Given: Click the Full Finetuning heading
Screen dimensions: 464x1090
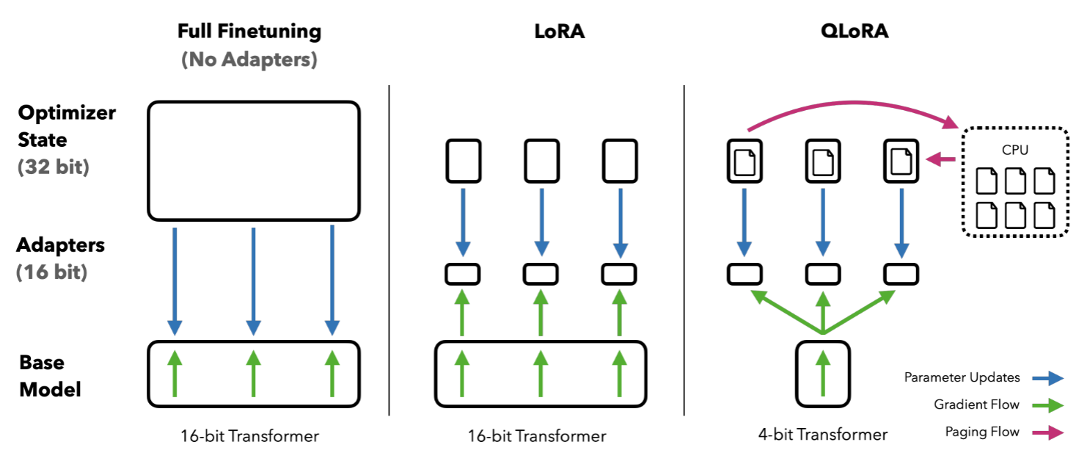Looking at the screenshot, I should pos(249,32).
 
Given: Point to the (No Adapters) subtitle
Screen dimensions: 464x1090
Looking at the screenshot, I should pos(249,59).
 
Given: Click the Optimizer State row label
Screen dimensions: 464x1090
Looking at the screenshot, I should pos(67,126).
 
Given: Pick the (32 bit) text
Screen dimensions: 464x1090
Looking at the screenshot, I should pos(54,167).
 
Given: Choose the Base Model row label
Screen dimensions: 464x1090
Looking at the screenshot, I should pos(50,375).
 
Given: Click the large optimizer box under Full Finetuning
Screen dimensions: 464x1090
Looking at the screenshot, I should pos(253,161).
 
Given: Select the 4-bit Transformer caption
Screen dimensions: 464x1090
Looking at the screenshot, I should pos(822,435).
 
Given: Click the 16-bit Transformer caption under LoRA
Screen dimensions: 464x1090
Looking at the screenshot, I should pos(537,436).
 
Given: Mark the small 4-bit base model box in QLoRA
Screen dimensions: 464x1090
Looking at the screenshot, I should pos(823,374).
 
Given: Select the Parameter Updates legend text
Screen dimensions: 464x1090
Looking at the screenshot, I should pos(962,377).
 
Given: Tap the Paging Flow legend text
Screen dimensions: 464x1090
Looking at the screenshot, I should pos(982,432).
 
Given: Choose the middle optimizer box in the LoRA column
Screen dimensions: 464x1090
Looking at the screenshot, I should pos(541,160).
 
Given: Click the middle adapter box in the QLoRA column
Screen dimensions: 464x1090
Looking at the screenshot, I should pos(823,274).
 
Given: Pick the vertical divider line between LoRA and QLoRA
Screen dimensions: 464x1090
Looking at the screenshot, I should pos(684,250).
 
